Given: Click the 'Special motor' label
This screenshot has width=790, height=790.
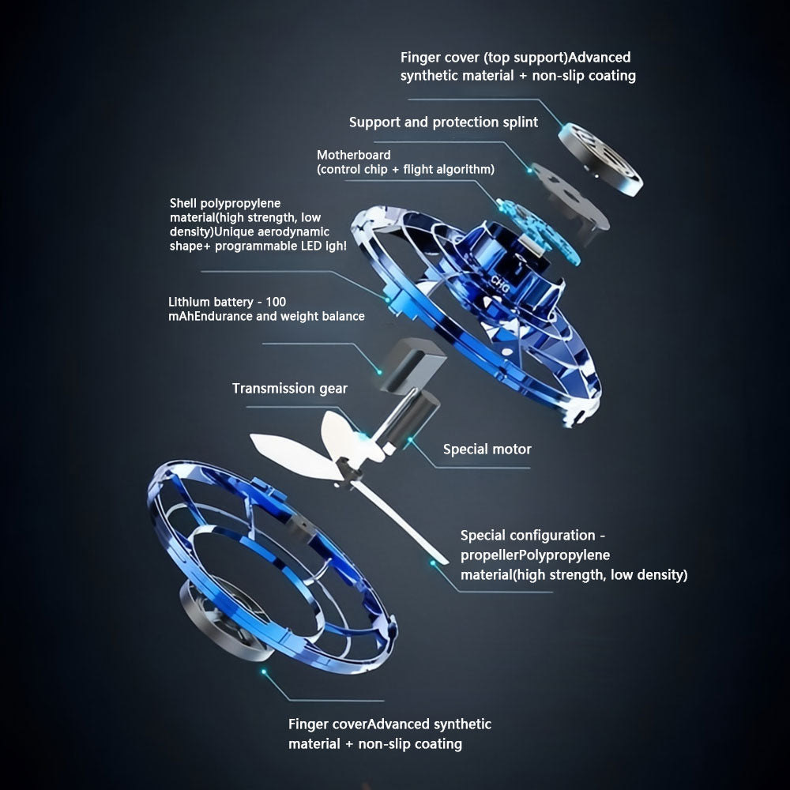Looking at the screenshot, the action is [487, 449].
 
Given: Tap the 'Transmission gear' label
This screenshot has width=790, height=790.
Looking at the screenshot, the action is [290, 389].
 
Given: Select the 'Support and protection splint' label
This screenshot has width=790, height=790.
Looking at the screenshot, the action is [443, 122].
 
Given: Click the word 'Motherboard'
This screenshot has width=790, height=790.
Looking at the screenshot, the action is [354, 155].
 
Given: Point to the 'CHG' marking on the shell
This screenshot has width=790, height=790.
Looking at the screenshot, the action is [500, 284].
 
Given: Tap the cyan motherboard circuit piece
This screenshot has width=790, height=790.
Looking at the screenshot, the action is [536, 229].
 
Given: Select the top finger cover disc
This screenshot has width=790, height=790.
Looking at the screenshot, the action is [600, 159].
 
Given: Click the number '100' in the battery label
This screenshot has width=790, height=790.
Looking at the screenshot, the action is [276, 302].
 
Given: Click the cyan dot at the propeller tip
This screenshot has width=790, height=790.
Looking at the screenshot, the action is [432, 562].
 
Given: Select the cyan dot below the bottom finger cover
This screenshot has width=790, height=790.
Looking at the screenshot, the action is [263, 671].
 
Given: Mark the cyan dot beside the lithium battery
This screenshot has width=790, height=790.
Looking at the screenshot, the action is [379, 372].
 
